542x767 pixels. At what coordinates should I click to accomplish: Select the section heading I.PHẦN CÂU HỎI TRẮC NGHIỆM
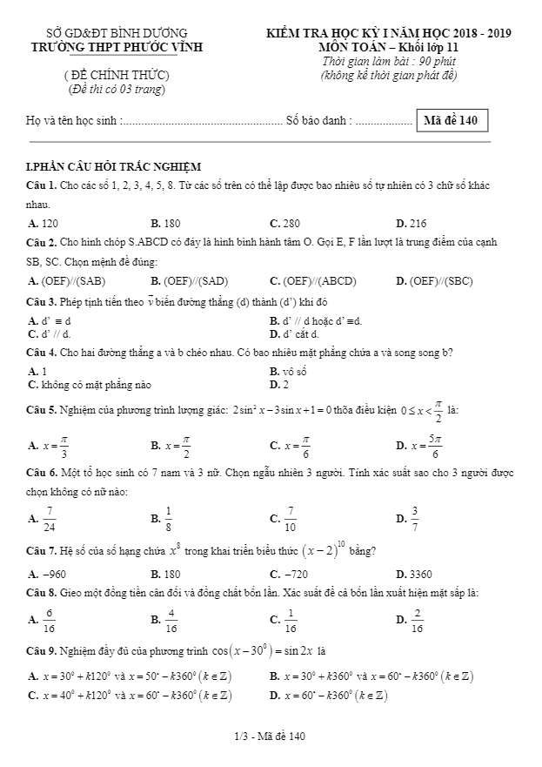[x=114, y=166]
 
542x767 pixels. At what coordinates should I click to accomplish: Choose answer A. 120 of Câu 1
[x=43, y=223]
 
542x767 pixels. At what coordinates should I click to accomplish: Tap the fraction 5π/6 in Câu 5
[x=434, y=446]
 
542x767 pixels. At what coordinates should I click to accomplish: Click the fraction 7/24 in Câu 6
[x=50, y=518]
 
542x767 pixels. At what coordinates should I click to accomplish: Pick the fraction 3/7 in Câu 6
[x=415, y=518]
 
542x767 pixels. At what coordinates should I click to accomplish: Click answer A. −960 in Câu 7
[x=48, y=574]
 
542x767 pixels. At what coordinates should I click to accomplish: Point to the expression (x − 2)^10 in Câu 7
[x=328, y=550]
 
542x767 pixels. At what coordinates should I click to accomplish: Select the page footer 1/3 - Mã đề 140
[x=270, y=737]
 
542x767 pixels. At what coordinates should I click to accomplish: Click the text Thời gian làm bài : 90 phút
[x=389, y=61]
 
